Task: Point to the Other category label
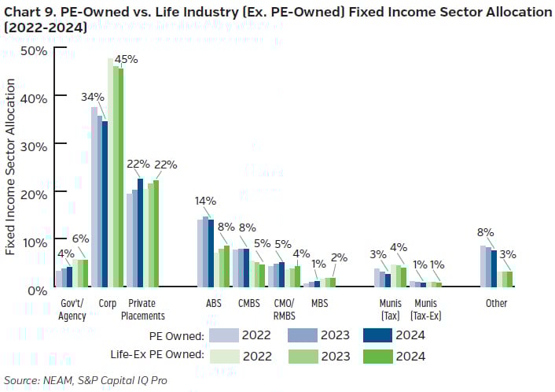[496, 303]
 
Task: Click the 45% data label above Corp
[126, 59]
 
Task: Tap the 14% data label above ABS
[206, 201]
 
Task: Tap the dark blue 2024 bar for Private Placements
[141, 233]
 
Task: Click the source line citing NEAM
[86, 381]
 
